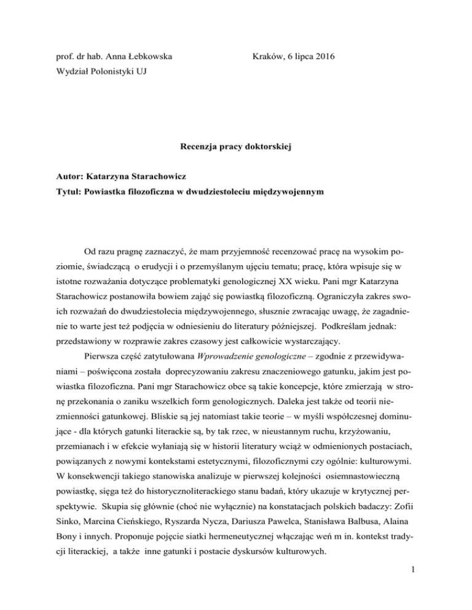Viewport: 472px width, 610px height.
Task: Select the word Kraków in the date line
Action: (x=268, y=58)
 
